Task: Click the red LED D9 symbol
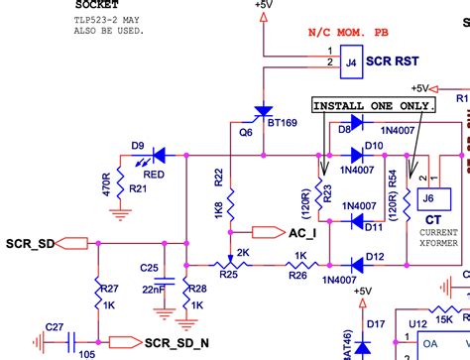pyautogui.click(x=155, y=155)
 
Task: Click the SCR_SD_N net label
pyautogui.click(x=176, y=343)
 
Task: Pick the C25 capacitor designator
pyautogui.click(x=149, y=268)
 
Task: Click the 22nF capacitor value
pyautogui.click(x=153, y=289)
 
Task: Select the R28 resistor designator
pyautogui.click(x=196, y=289)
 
